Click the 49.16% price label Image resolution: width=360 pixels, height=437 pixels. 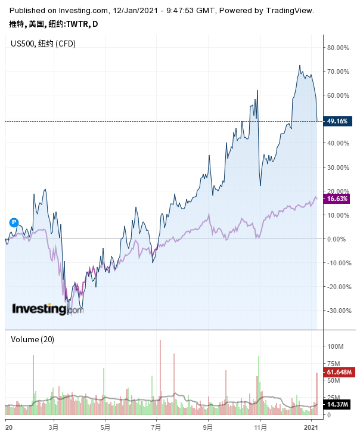(x=337, y=122)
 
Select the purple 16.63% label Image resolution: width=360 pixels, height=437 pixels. (x=337, y=199)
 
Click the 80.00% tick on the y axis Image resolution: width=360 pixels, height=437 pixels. (x=338, y=48)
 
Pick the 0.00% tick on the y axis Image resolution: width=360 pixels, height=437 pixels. (x=336, y=239)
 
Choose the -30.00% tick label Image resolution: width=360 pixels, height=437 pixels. (x=337, y=311)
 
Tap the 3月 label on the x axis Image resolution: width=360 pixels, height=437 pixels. (x=54, y=427)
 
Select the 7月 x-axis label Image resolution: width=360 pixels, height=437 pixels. (x=157, y=427)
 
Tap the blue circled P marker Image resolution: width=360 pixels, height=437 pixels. (x=14, y=222)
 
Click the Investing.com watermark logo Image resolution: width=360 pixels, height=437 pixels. (x=48, y=309)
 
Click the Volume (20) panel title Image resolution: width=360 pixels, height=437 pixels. (x=33, y=339)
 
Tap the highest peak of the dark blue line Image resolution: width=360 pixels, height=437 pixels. (x=300, y=66)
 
